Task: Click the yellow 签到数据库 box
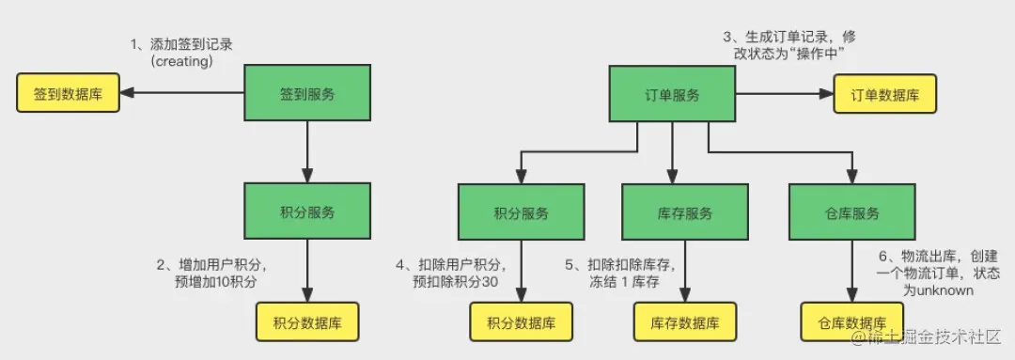pyautogui.click(x=68, y=94)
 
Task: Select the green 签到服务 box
pyautogui.click(x=307, y=94)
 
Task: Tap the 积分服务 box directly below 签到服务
pyautogui.click(x=307, y=212)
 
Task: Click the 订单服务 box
pyautogui.click(x=671, y=95)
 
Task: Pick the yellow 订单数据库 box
pyautogui.click(x=884, y=95)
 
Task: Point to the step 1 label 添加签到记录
pyautogui.click(x=182, y=52)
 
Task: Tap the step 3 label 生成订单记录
pyautogui.click(x=789, y=44)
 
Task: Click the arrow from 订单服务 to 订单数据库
pyautogui.click(x=780, y=95)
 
